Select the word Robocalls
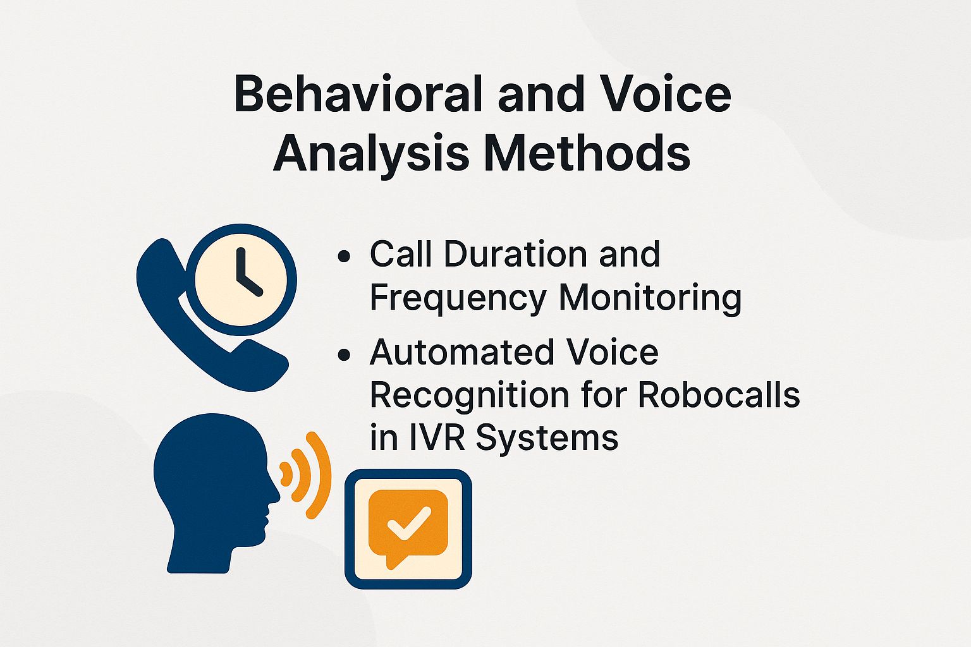coord(719,396)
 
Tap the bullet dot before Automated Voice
coord(344,355)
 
